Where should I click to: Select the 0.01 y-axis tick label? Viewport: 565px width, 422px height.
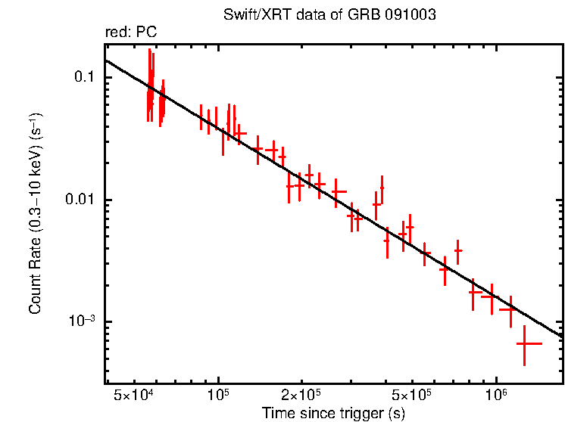(77, 200)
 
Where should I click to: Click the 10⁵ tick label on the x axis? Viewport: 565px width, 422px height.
(218, 395)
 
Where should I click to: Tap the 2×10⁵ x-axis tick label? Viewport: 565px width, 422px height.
(301, 395)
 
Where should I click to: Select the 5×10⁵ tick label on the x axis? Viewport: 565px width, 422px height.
(413, 395)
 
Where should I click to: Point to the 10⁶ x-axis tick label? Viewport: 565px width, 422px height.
(496, 395)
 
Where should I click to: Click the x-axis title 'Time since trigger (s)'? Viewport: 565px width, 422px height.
(333, 413)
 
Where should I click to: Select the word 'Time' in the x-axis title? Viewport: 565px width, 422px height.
(276, 413)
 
